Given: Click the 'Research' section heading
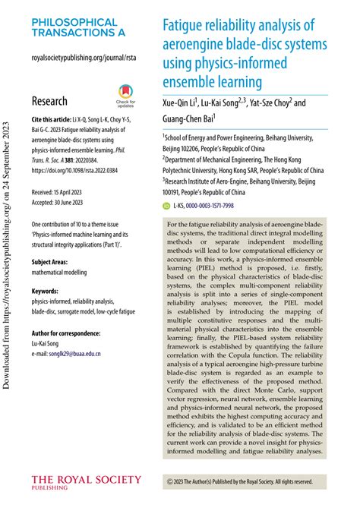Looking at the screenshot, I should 49,101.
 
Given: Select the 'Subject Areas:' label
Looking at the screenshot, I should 53,261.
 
